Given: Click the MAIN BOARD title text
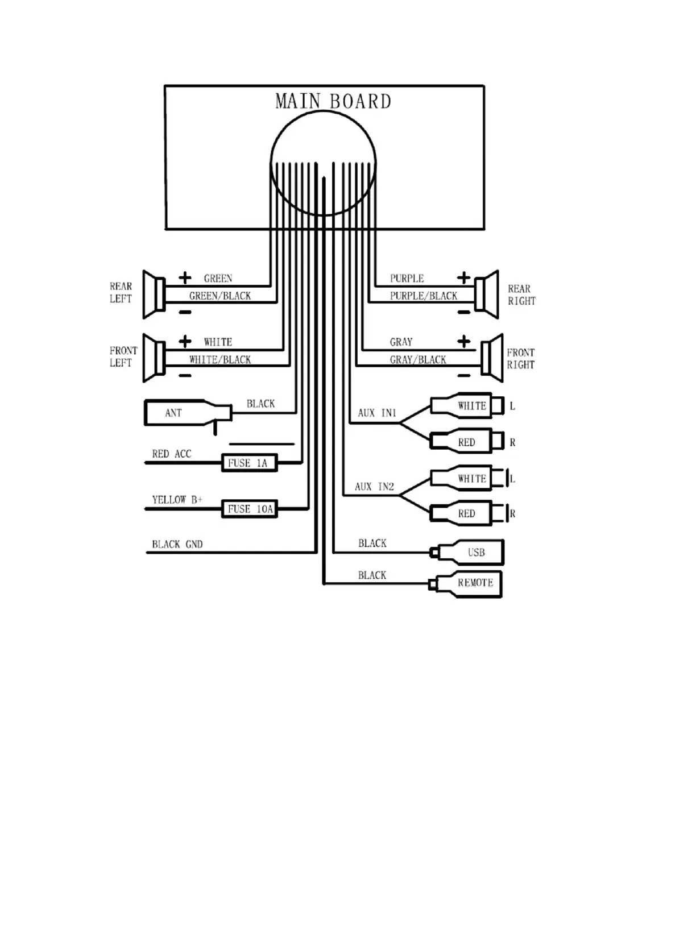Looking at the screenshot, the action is point(333,102).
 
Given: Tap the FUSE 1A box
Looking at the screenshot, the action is point(249,463).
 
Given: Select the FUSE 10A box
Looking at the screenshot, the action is point(249,509).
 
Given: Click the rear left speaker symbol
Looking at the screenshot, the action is point(154,295).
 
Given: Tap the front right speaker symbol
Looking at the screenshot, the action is point(492,358).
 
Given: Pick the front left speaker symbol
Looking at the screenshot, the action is point(154,358).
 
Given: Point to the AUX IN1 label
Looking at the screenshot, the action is point(376,413).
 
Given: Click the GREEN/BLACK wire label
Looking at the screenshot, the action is point(220,296).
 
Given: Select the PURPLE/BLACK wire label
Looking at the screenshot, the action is point(423,296).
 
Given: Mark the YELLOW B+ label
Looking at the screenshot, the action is point(177,500).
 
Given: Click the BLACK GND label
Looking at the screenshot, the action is point(177,545).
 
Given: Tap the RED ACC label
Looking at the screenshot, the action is point(171,454).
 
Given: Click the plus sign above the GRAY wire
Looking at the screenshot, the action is point(464,341).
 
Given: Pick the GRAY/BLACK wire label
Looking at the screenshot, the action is point(418,360).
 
